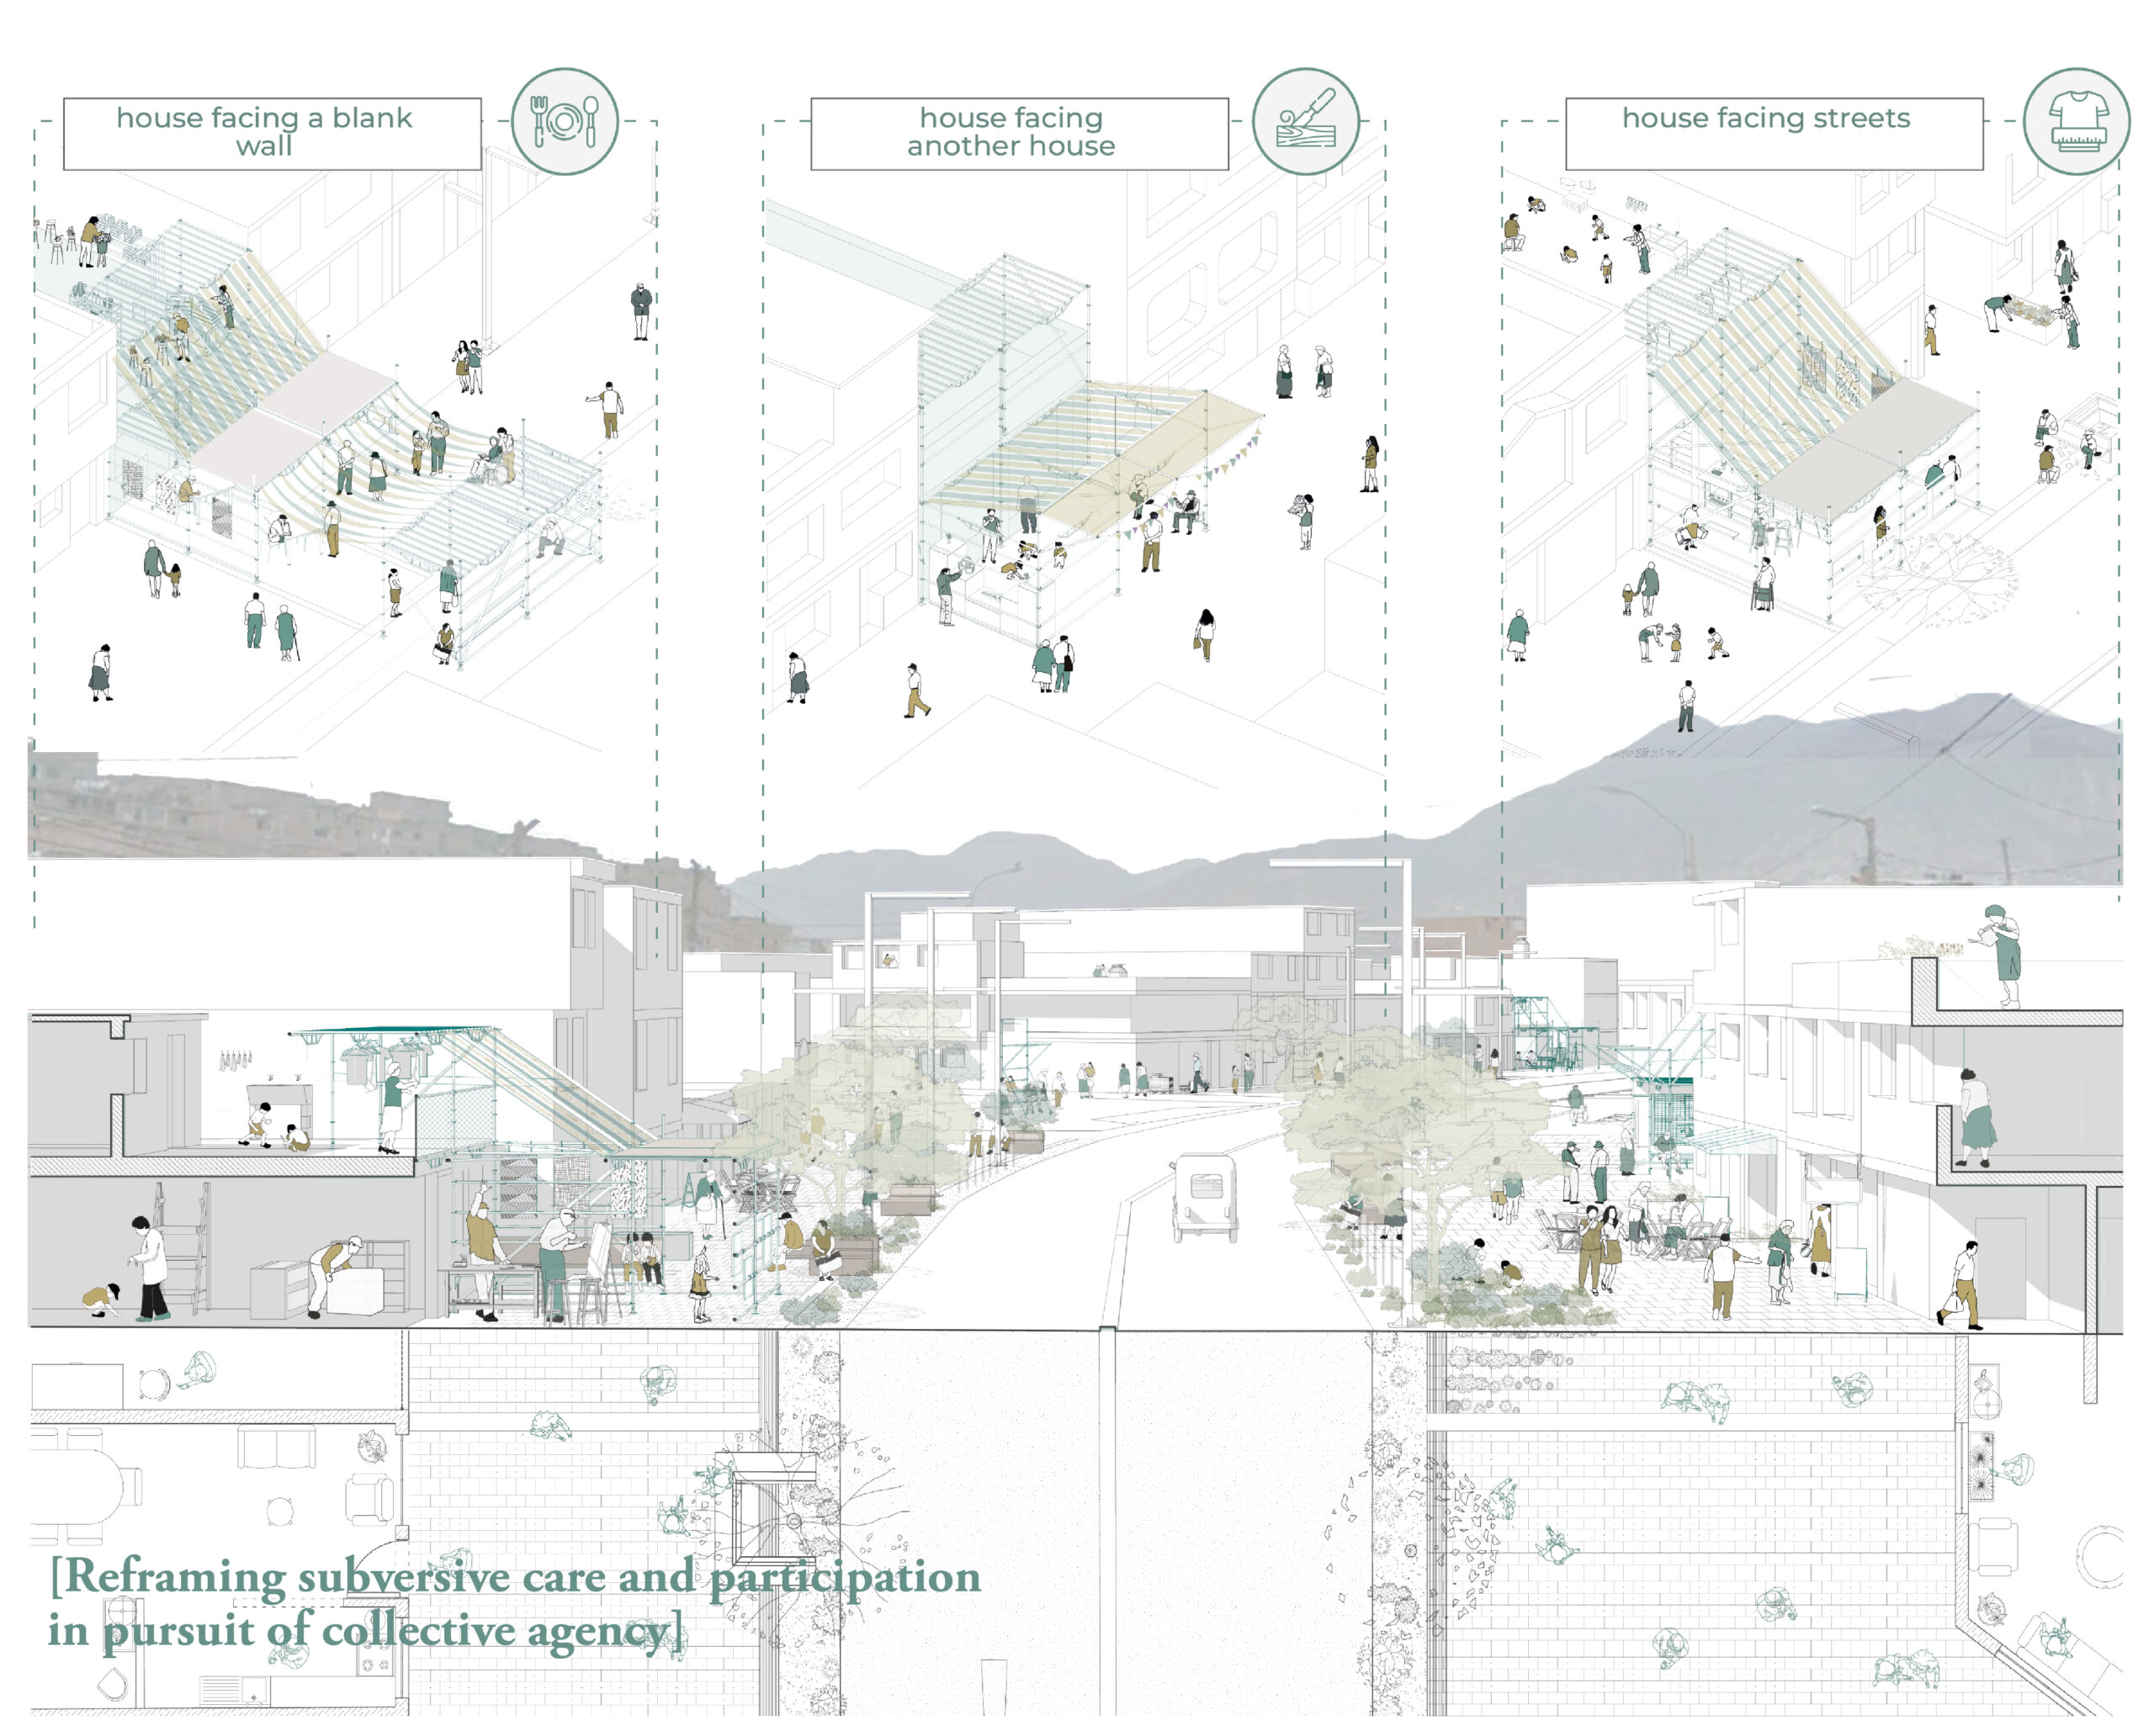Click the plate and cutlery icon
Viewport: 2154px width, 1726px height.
pyautogui.click(x=565, y=122)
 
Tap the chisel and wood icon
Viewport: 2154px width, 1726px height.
pyautogui.click(x=1306, y=122)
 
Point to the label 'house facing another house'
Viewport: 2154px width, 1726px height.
pyautogui.click(x=1011, y=132)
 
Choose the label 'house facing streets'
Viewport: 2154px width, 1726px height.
pyautogui.click(x=1765, y=118)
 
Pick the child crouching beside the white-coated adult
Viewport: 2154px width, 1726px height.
pyautogui.click(x=102, y=1300)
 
